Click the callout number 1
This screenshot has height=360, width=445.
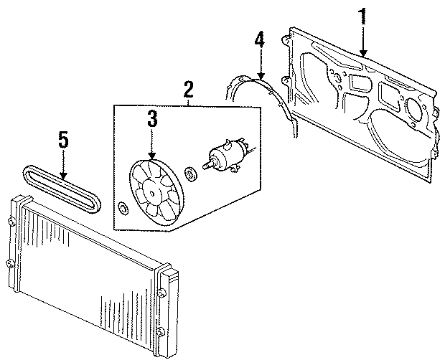pos(364,16)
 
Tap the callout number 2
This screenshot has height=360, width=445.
pos(188,90)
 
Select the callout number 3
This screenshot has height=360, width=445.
pos(152,119)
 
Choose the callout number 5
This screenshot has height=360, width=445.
pos(63,141)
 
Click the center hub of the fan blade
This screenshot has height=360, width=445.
pos(153,191)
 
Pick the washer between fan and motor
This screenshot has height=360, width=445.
pos(192,174)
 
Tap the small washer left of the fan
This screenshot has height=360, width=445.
pos(123,209)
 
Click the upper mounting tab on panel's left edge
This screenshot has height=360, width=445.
pos(288,32)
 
